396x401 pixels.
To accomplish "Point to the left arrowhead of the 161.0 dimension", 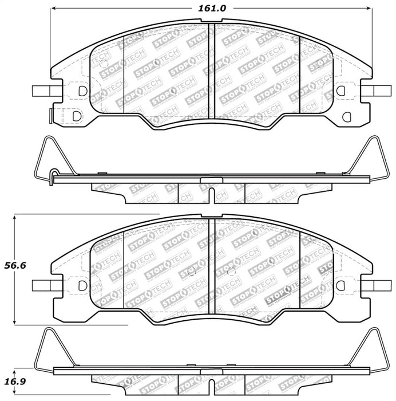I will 54,9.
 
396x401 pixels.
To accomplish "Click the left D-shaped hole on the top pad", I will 83,91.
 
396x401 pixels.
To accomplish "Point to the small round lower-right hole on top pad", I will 345,116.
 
